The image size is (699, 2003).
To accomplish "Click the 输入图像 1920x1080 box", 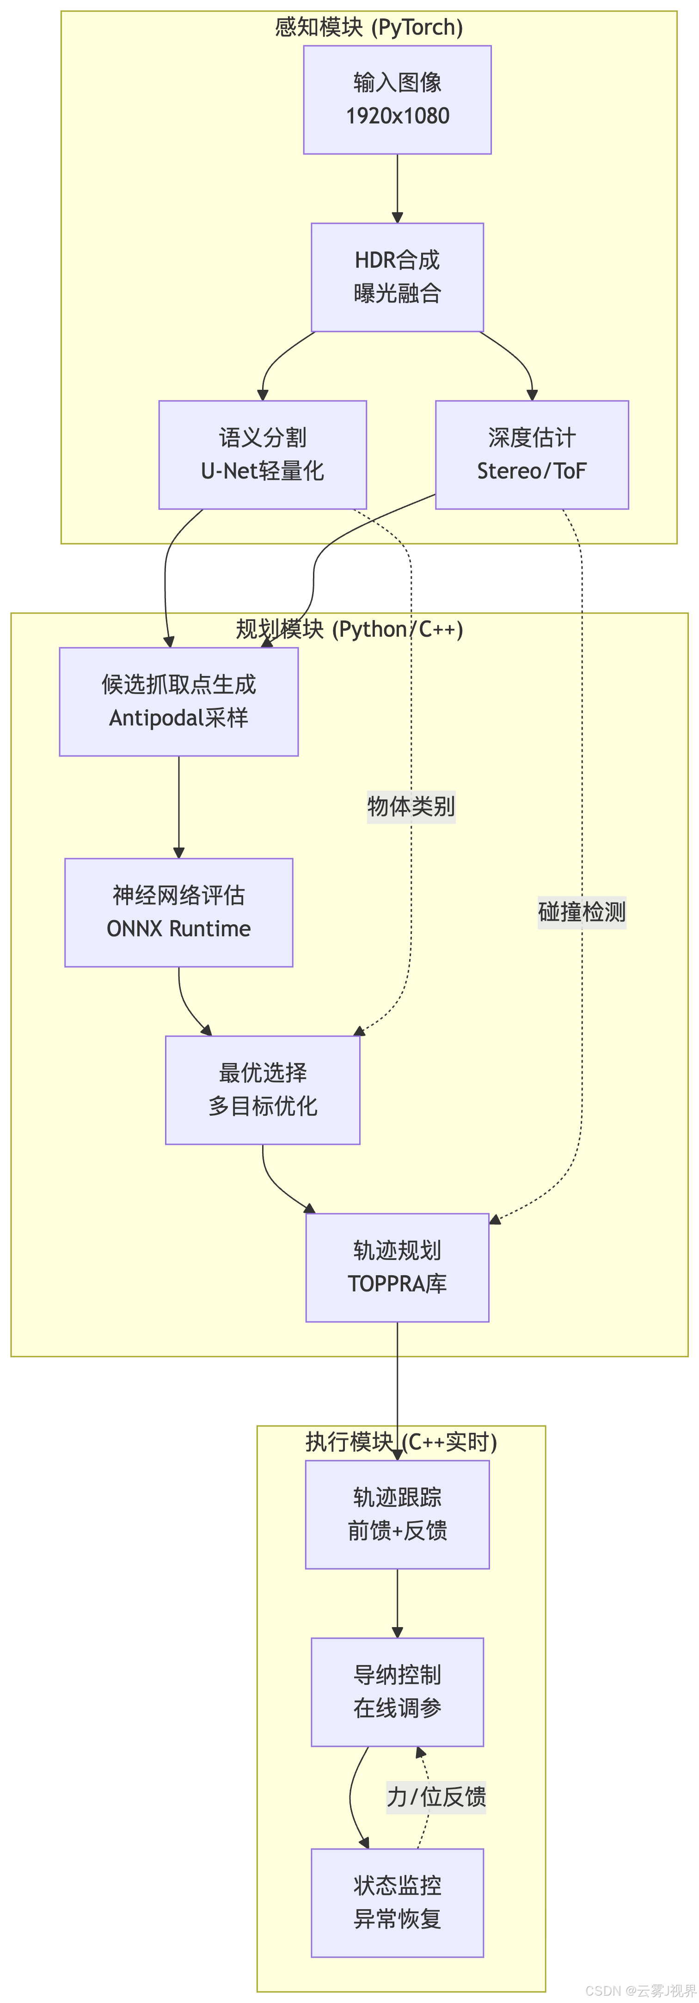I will [x=397, y=99].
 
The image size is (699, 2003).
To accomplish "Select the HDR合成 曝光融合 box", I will [x=397, y=277].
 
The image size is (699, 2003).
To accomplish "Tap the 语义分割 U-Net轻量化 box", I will [x=263, y=455].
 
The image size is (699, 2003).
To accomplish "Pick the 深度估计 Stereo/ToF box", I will [x=532, y=455].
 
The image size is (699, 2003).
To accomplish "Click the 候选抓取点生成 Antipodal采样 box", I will [x=179, y=701].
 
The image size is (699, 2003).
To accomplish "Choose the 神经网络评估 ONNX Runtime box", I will [x=179, y=912].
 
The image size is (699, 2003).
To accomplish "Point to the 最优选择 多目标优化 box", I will [x=263, y=1089].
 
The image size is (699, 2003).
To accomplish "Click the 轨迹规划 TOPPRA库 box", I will [x=397, y=1267].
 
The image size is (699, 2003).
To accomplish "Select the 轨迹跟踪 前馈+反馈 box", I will [x=397, y=1514].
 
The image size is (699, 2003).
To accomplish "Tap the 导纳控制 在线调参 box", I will [x=397, y=1692].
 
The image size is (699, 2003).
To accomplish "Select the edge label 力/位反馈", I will [x=436, y=1797].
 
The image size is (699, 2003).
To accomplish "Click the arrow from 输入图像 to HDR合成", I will [x=397, y=188].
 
